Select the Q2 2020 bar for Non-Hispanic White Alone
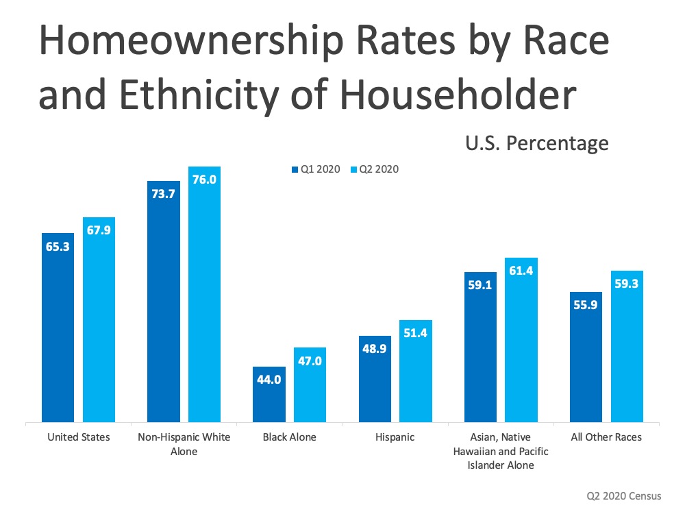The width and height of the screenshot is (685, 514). pos(205,295)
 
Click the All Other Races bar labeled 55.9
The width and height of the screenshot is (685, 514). pos(586,356)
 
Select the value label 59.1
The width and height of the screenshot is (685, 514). pos(480,285)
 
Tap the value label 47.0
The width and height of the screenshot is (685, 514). pos(310,361)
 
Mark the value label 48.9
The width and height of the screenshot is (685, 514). pos(374,350)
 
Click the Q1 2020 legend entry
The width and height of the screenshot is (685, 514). pos(316,169)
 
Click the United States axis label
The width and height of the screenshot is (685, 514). pos(79,437)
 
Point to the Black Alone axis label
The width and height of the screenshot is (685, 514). pos(289,437)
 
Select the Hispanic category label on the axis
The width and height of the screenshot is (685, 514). pos(395,437)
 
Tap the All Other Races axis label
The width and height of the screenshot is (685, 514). pos(607,437)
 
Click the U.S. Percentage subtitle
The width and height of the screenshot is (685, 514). pos(537,143)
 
